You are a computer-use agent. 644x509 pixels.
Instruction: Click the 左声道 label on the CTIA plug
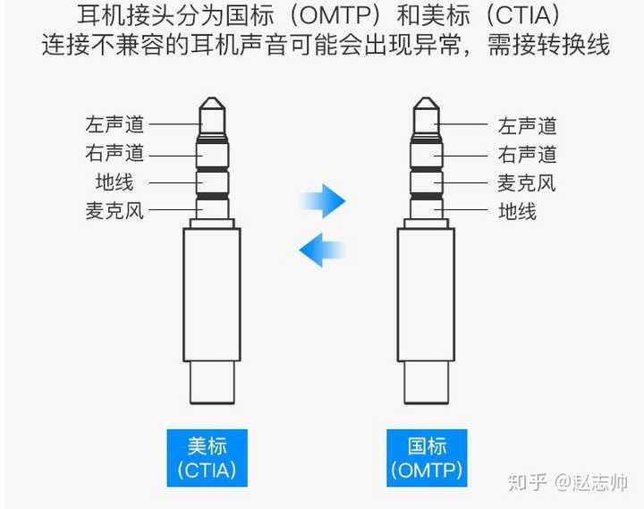tap(114, 124)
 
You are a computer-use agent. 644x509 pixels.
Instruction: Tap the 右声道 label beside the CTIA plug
tap(114, 153)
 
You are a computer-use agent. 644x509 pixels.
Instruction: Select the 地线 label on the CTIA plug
tap(114, 182)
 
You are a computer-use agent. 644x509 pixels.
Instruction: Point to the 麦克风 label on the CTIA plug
tap(114, 211)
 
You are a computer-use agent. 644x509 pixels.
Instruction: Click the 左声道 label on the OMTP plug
tap(527, 125)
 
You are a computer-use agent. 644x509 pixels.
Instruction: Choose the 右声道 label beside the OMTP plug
tap(527, 154)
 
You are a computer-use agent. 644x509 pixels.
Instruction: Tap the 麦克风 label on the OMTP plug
tap(527, 182)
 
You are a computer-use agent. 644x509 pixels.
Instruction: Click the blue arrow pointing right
tap(323, 200)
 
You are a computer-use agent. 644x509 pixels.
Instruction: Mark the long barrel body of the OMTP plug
tap(427, 295)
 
